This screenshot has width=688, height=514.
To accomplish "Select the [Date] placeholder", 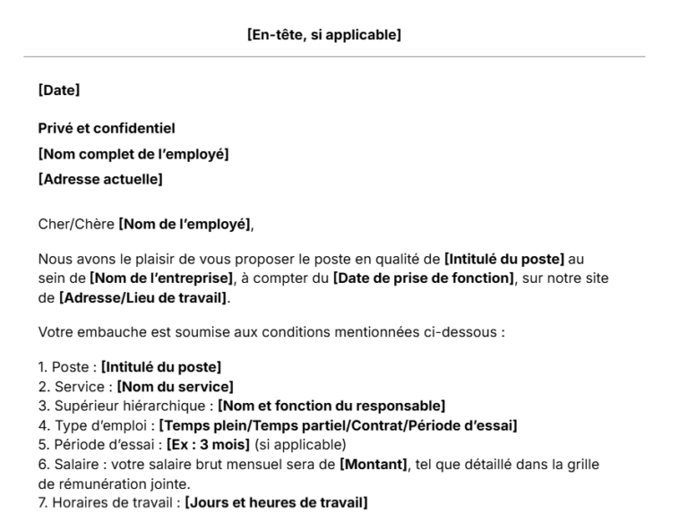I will (x=59, y=90).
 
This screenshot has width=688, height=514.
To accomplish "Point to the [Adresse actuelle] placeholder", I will (x=100, y=180).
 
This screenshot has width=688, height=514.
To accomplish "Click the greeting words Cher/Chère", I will (x=76, y=223).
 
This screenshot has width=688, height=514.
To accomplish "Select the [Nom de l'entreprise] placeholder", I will (x=161, y=279).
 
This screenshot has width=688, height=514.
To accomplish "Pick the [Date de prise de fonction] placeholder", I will (x=424, y=279).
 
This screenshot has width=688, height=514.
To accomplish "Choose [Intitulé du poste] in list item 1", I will (x=161, y=367).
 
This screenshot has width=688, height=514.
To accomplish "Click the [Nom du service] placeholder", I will (x=168, y=386).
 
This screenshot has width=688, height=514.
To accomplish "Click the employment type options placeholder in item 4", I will (x=338, y=425).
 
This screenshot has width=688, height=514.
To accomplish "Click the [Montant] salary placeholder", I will (x=373, y=464).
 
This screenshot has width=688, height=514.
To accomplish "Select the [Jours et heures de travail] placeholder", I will (x=276, y=503).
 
